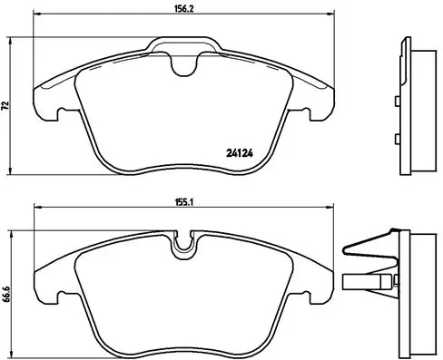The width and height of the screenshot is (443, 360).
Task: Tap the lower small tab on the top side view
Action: point(398,139)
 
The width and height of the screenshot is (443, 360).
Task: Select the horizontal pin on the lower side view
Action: point(368,281)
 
